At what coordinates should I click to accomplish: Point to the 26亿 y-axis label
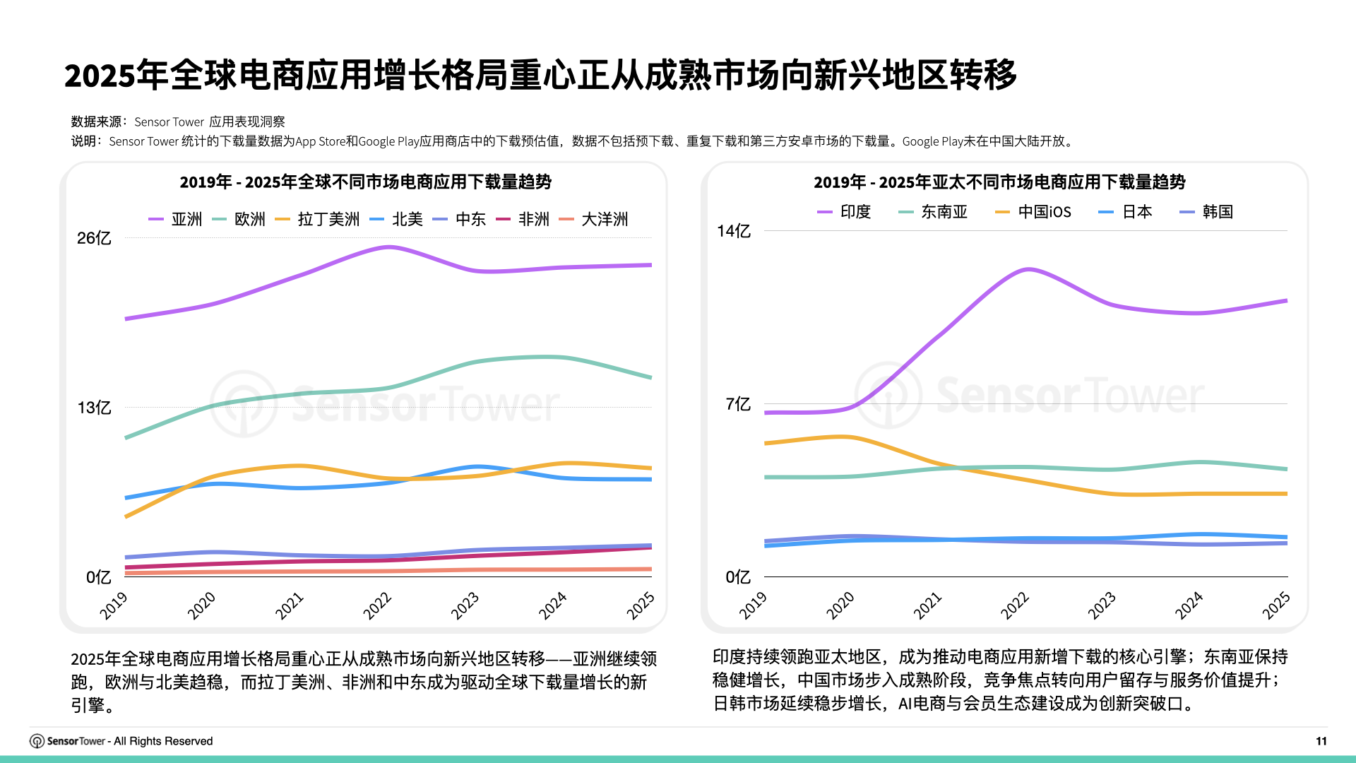pos(94,238)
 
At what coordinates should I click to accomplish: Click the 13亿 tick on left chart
pos(94,408)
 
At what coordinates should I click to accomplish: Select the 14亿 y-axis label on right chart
pos(733,231)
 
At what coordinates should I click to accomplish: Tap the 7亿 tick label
pos(737,404)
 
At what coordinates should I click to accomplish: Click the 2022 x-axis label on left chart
pos(377,606)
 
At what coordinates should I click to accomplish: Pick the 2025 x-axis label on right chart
pos(1275,606)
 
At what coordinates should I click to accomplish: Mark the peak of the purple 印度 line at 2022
pos(1028,269)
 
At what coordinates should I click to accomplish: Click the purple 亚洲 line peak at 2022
pos(388,247)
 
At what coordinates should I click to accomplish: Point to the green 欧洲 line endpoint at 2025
pos(650,377)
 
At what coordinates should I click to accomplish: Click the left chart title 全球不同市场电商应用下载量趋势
pos(365,182)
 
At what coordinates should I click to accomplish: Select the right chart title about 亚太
pos(999,182)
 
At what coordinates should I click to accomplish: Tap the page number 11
pos(1321,741)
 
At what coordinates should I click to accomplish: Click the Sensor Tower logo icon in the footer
pos(37,741)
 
